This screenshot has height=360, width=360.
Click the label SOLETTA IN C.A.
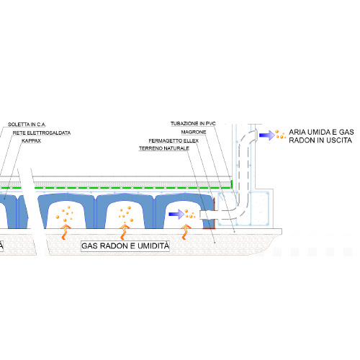click(x=27, y=125)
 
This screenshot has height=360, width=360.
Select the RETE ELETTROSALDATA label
click(x=42, y=132)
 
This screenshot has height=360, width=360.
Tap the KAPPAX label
click(x=31, y=140)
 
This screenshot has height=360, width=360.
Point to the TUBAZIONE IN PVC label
click(x=193, y=124)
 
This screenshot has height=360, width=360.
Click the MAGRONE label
click(x=194, y=132)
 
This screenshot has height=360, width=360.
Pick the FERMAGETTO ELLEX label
click(x=174, y=140)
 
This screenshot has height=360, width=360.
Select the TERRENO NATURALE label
click(x=164, y=148)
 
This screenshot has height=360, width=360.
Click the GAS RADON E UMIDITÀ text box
click(x=125, y=246)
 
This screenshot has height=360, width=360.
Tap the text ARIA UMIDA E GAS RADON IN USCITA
click(x=321, y=136)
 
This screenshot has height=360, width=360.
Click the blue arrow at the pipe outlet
click(x=267, y=135)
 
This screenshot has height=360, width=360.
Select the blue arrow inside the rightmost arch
click(x=176, y=214)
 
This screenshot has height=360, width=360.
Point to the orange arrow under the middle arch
click(x=125, y=232)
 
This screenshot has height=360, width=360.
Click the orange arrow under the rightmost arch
click(x=186, y=232)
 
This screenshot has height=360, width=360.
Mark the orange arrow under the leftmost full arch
click(x=65, y=232)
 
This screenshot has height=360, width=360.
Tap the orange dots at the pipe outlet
click(x=280, y=135)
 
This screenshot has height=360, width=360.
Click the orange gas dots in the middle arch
click(x=125, y=214)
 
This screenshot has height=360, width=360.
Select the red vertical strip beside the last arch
click(x=214, y=213)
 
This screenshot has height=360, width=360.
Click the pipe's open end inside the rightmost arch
click(x=201, y=215)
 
